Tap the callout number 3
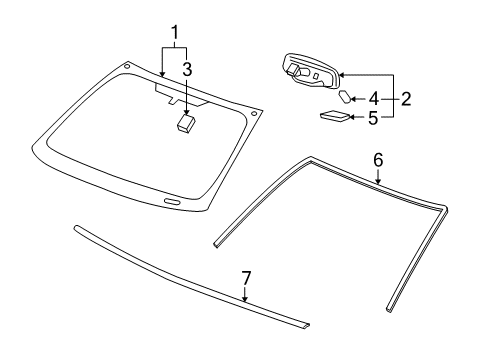[187, 69]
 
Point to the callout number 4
[374, 98]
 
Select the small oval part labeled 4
[346, 97]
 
